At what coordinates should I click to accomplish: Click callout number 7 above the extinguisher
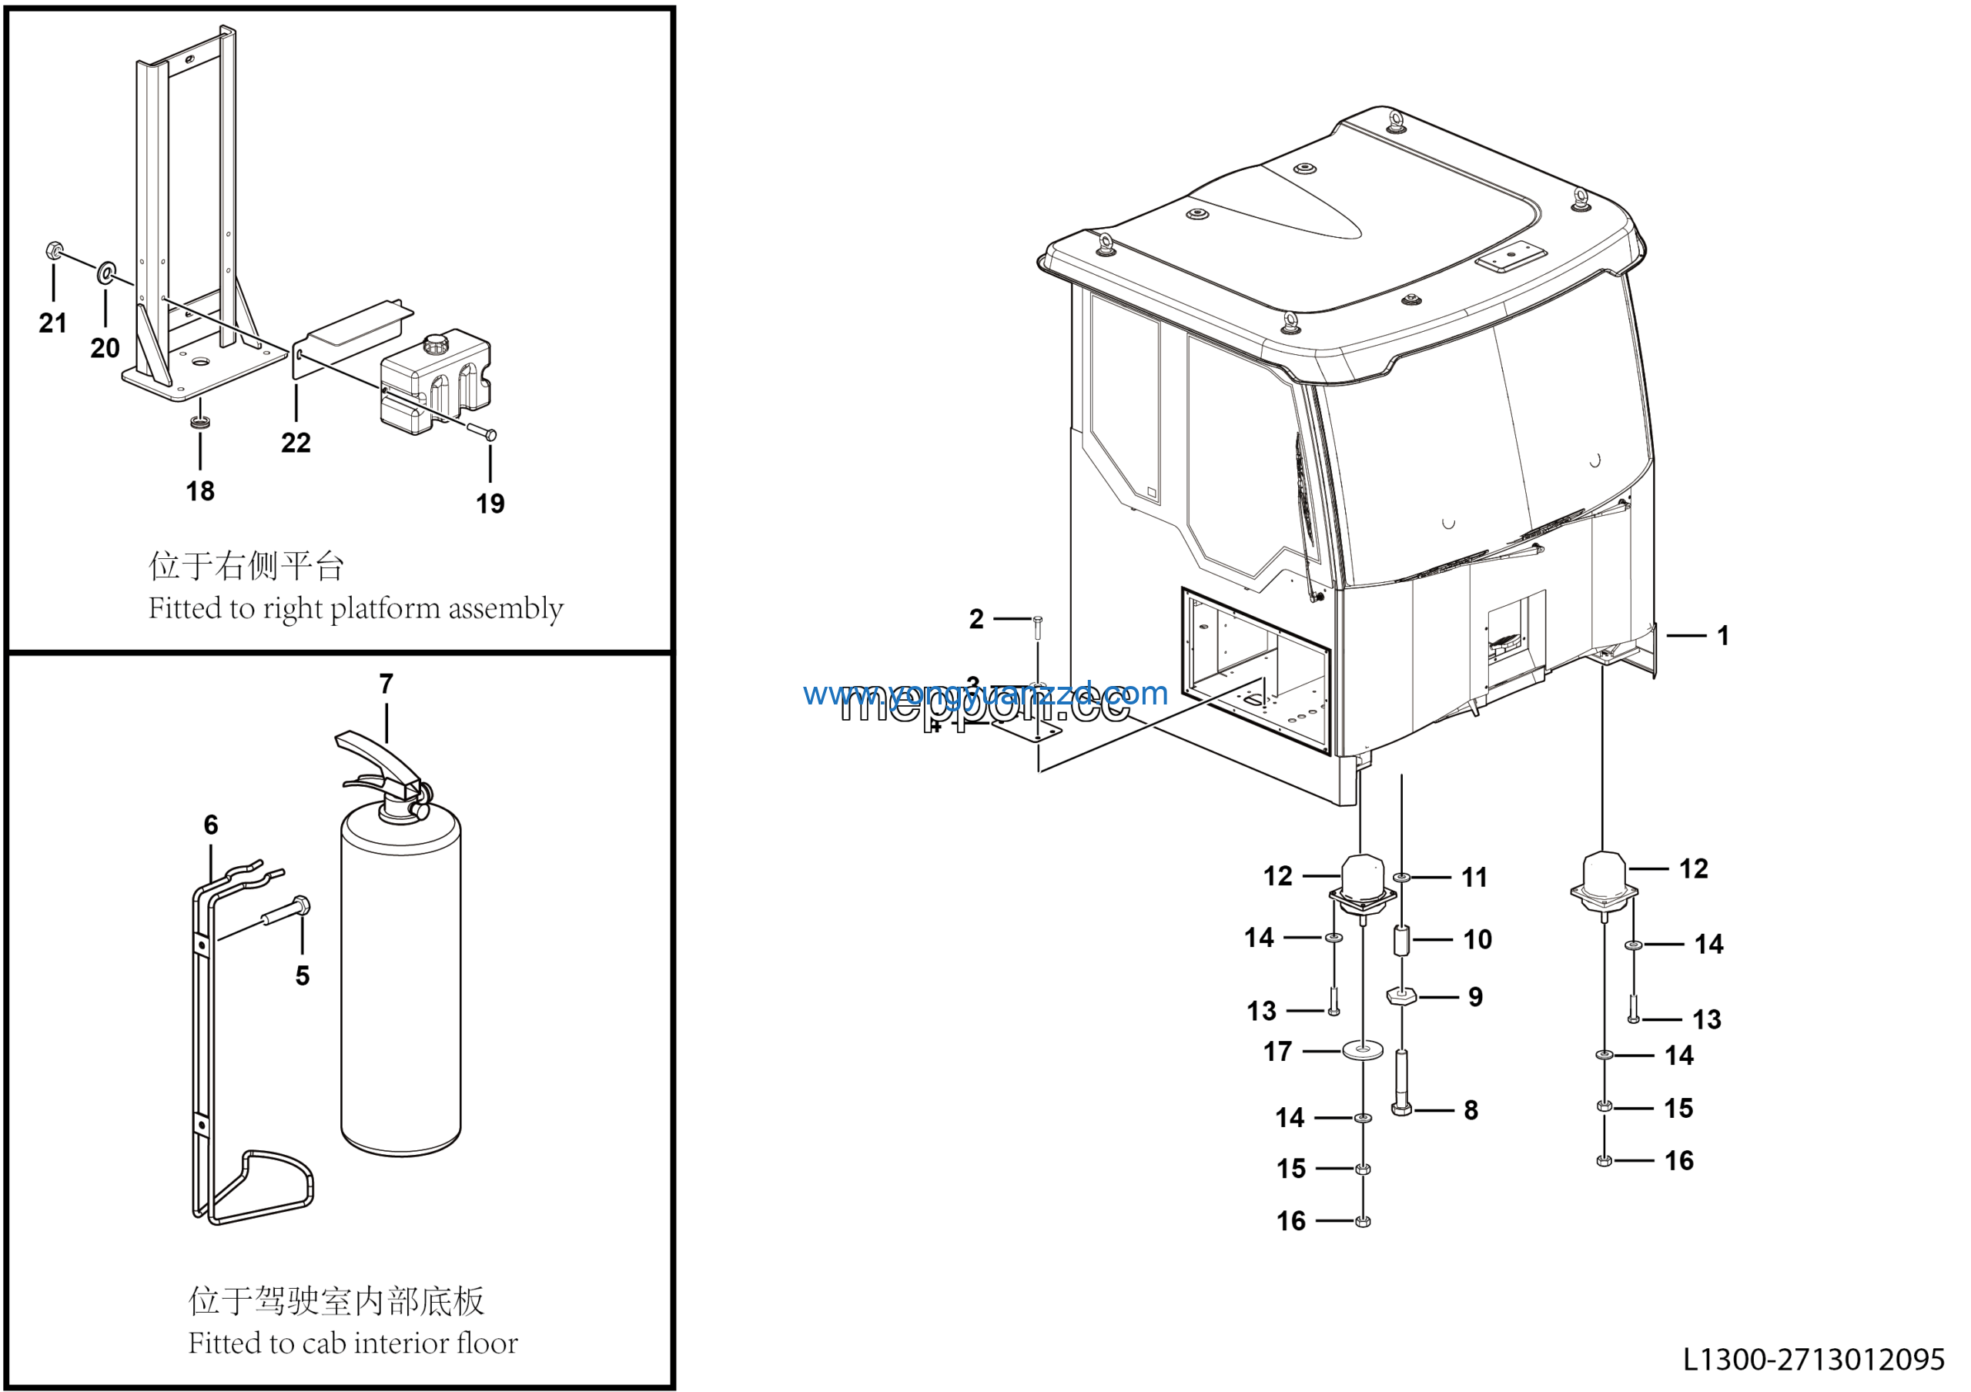387,684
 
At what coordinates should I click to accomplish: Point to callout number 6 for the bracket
211,825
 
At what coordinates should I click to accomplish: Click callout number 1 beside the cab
1722,636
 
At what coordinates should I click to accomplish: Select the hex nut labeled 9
1400,996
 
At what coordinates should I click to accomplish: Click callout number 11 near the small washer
1474,877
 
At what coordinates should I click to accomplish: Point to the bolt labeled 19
482,432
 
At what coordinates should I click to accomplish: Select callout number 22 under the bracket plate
296,443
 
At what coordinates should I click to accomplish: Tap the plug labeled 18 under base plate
200,422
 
